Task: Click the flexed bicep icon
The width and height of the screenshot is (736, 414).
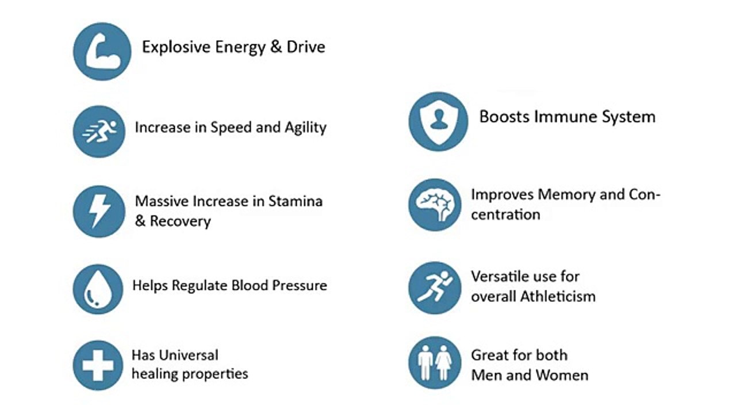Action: click(102, 52)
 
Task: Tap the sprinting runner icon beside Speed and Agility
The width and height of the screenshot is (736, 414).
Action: click(99, 131)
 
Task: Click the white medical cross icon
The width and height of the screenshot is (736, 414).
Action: click(98, 365)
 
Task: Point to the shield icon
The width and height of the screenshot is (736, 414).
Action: click(438, 121)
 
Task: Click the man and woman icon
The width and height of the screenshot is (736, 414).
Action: click(435, 363)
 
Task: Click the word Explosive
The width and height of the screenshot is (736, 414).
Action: click(176, 47)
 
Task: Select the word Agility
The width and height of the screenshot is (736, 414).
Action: click(305, 127)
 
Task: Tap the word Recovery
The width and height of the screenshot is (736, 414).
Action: click(180, 221)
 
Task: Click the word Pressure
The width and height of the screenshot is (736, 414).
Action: click(298, 285)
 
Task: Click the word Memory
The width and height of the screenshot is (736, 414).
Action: click(566, 194)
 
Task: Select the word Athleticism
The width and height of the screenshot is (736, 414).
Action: click(557, 297)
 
